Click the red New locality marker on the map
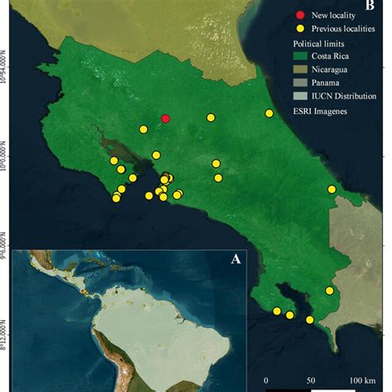pos(165,118)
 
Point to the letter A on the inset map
pos(236,259)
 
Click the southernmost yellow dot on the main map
pos(309,320)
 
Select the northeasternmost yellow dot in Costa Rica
pos(269,113)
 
